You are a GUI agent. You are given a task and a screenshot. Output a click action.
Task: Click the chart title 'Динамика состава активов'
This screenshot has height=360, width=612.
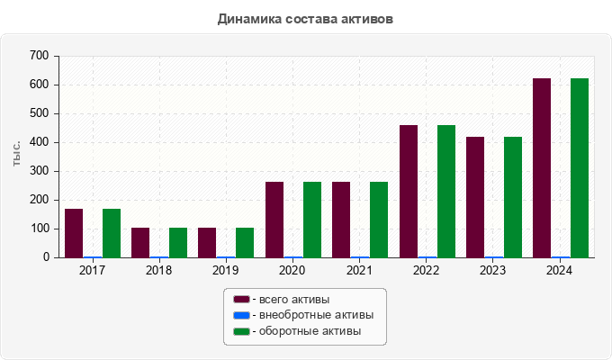click(305, 18)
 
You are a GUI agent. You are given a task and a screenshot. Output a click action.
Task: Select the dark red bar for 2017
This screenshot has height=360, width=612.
click(74, 233)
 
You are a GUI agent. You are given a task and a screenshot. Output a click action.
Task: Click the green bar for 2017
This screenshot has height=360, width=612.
click(112, 233)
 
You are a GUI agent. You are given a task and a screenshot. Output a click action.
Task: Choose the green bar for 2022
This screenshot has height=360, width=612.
click(446, 192)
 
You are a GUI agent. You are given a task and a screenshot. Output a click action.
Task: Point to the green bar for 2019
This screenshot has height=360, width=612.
click(245, 243)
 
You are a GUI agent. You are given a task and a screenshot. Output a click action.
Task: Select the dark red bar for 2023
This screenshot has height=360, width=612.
click(475, 197)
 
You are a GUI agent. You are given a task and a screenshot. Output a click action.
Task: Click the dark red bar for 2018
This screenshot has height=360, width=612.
click(140, 243)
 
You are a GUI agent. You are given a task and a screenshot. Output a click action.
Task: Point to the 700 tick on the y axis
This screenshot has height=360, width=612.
click(39, 56)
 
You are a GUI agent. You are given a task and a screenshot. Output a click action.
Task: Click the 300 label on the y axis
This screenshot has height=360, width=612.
click(39, 171)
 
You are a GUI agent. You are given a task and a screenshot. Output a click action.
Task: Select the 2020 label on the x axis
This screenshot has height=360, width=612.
click(292, 270)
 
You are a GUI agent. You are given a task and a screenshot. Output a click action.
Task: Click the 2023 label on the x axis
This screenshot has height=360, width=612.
click(493, 270)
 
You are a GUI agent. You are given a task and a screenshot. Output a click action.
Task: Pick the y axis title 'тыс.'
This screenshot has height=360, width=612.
click(17, 155)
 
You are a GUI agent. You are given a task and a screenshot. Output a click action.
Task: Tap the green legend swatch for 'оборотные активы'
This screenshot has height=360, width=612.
click(241, 332)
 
